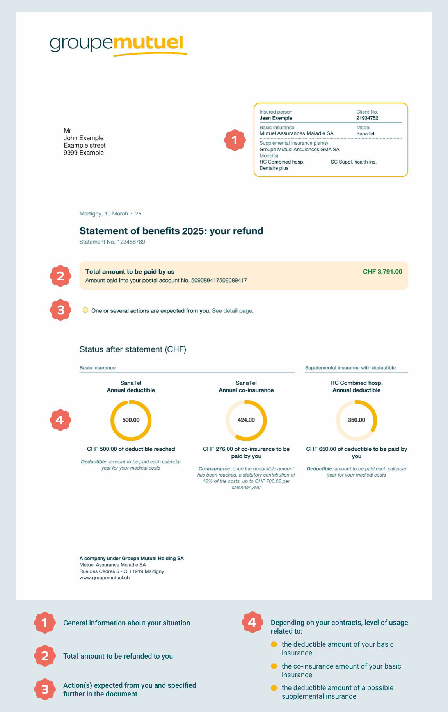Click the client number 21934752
(367, 118)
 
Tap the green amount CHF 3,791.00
(382, 272)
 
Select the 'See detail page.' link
(233, 311)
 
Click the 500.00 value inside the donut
(131, 420)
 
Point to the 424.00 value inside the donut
(246, 420)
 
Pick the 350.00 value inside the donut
(356, 420)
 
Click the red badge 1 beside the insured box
(235, 140)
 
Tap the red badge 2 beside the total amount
(60, 276)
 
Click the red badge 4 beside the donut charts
(60, 420)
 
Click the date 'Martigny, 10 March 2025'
(110, 214)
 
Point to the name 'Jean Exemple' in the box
(276, 118)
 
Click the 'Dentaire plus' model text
(274, 168)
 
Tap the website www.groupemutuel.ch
(104, 578)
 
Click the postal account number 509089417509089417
(219, 280)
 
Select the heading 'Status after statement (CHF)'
(133, 349)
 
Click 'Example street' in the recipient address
(84, 145)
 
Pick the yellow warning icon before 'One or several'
(85, 310)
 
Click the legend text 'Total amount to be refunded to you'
(118, 656)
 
